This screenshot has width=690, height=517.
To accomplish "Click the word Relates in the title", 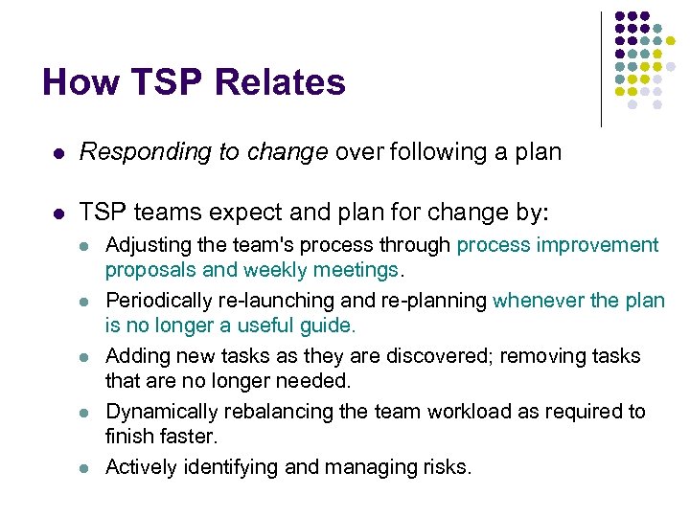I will [281, 82].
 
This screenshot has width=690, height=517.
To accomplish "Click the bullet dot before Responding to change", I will [57, 152].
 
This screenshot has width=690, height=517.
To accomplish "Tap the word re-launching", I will [272, 301].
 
